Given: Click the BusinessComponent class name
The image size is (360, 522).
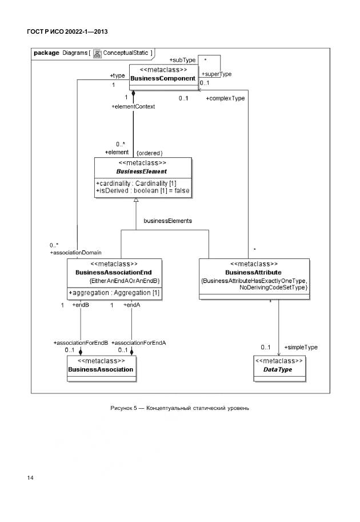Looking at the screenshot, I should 163,78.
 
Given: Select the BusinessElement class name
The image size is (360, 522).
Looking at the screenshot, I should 142,171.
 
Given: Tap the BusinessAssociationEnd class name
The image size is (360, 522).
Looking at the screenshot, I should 114,273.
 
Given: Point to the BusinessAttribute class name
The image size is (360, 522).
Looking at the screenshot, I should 254,273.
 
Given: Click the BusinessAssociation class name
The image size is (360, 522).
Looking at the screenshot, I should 101,369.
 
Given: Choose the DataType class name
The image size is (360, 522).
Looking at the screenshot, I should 278,370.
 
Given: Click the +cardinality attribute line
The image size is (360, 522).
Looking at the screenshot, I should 136,182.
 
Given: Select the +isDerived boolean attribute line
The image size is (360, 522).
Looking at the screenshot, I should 143,190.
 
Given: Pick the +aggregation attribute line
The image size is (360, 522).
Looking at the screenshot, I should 114,293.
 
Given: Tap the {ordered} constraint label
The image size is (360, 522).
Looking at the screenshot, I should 150,153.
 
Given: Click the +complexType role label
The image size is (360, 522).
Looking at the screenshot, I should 225,98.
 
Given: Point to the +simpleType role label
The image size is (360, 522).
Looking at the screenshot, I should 301,347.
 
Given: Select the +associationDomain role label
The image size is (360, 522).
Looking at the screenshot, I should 76,252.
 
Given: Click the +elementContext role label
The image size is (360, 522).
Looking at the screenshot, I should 133,106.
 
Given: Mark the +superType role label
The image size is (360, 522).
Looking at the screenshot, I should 217,74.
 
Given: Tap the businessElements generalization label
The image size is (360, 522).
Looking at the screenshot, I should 167,220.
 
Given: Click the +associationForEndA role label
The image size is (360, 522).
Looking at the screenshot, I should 139,342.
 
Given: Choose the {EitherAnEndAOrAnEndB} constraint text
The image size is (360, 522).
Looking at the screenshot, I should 125,281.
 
